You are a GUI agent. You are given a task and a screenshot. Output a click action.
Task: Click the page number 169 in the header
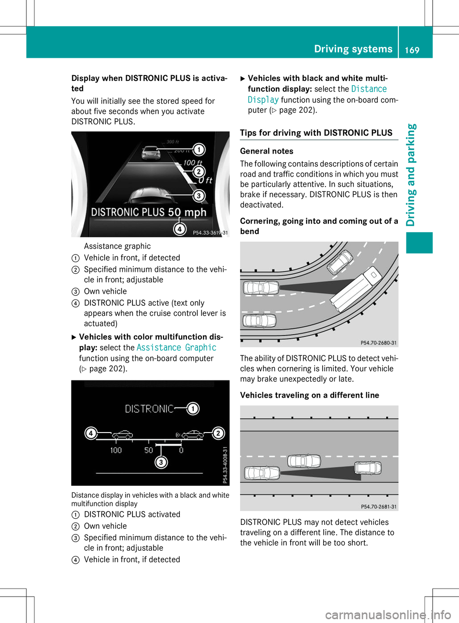pos(412,50)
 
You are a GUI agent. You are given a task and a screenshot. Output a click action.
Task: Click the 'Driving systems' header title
pos(353,49)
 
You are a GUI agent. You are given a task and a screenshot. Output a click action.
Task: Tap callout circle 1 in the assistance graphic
pos(198,150)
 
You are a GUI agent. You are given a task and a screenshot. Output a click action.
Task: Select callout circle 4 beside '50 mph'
pos(179,229)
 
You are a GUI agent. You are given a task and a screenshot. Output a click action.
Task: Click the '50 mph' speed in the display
pos(187,212)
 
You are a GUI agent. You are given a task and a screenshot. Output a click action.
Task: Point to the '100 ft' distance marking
pos(192,163)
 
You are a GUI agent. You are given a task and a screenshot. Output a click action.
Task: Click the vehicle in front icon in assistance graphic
pos(151,153)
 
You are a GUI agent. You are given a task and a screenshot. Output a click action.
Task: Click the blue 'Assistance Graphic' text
pos(176,348)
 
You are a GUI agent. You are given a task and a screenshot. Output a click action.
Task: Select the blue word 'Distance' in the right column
pos(369,89)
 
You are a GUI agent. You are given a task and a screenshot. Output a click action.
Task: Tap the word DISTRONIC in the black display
pos(149,409)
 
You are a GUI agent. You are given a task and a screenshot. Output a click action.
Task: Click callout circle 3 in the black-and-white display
pos(162,462)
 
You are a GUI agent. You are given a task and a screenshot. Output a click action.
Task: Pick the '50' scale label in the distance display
pos(149,450)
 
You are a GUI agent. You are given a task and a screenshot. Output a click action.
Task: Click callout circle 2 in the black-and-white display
pos(218,433)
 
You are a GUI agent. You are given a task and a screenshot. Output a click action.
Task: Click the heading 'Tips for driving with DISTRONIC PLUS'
pos(316,133)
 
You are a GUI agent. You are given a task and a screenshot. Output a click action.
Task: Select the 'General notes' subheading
pos(267,151)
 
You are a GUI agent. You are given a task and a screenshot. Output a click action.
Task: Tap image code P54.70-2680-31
pos(378,343)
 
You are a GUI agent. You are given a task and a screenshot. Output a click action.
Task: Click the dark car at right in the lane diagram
pos(368,468)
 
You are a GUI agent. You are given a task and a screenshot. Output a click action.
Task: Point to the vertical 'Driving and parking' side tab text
pos(411,175)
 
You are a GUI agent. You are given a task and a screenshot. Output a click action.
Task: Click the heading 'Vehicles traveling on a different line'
pos(309,395)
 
